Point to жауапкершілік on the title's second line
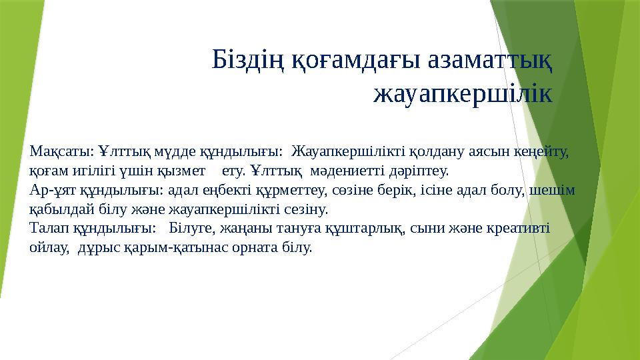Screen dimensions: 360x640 [463, 94]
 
